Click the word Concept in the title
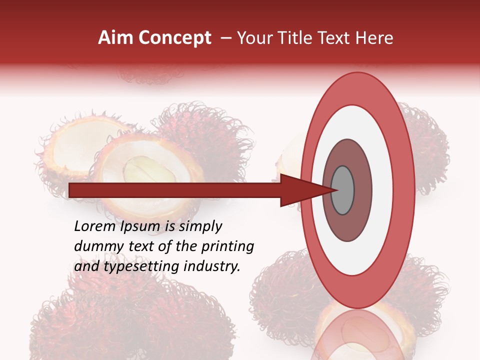[x=174, y=38]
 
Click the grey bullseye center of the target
[x=342, y=190]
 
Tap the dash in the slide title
[x=225, y=38]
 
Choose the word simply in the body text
[x=200, y=227]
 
